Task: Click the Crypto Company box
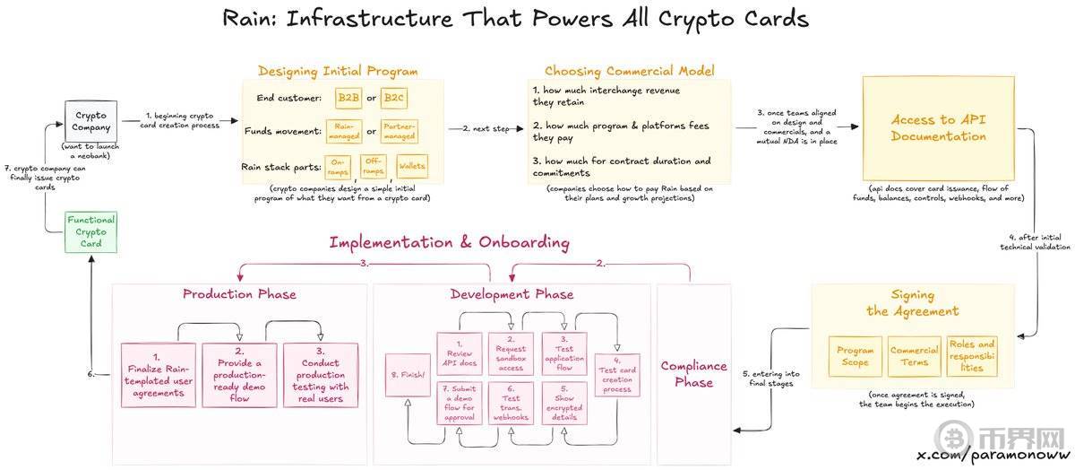coord(90,121)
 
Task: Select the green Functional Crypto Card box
coord(90,232)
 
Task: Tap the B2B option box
coord(348,97)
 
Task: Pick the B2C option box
coord(394,97)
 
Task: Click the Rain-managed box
coord(343,132)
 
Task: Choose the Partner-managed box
coord(399,132)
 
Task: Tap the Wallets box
coord(411,166)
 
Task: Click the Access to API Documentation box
coord(938,128)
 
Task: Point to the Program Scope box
coord(855,356)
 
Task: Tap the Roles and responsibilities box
coord(972,355)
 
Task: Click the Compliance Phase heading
coord(693,374)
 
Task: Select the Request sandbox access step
coord(512,353)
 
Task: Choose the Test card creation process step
coord(616,376)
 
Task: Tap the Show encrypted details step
coord(564,404)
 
